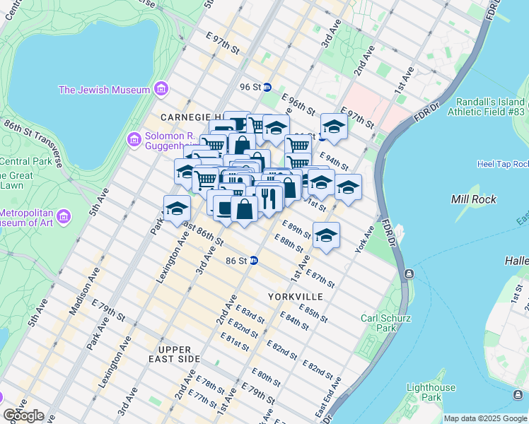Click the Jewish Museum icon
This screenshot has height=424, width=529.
pyautogui.click(x=162, y=90)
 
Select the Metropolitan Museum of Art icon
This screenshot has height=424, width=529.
pyautogui.click(x=64, y=216)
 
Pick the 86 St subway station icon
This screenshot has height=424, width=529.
pyautogui.click(x=253, y=260)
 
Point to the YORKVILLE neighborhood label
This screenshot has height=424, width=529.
pyautogui.click(x=296, y=296)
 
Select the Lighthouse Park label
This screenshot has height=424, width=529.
pyautogui.click(x=431, y=392)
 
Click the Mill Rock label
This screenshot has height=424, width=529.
pyautogui.click(x=472, y=199)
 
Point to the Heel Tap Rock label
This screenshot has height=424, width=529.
pyautogui.click(x=502, y=163)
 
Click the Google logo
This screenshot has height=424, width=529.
pyautogui.click(x=23, y=416)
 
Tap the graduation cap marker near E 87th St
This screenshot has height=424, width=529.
pyautogui.click(x=326, y=235)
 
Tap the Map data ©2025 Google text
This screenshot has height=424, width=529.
pyautogui.click(x=485, y=418)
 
